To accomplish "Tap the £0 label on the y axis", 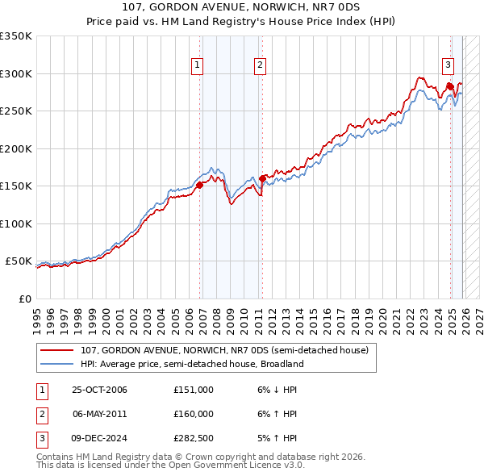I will point(23,299).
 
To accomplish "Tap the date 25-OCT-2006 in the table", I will point(99,390).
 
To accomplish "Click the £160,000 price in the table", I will point(193,414).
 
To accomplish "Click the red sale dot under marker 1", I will point(199,186).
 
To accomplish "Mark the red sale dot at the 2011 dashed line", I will point(262,179).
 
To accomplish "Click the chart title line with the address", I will point(242,6).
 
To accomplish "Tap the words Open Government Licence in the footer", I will point(242,466).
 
